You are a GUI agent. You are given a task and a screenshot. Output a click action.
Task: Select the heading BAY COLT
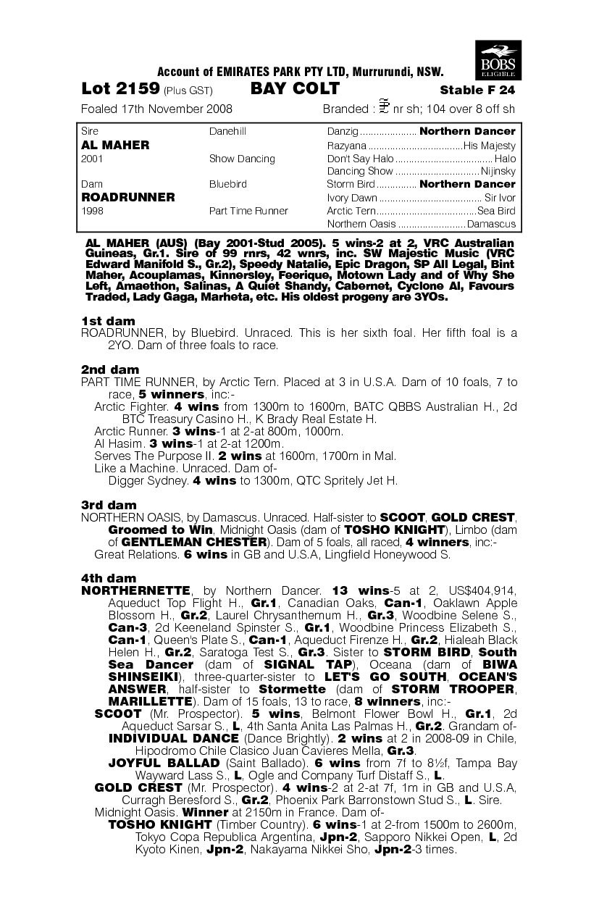pyautogui.click(x=295, y=89)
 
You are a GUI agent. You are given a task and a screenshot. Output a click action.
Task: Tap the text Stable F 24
pyautogui.click(x=477, y=91)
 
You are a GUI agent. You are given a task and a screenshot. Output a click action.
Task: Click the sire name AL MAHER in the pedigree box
pyautogui.click(x=116, y=145)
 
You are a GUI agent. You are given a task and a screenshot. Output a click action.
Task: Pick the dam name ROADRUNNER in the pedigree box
pyautogui.click(x=128, y=197)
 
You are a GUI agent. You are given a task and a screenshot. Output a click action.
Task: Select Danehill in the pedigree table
pyautogui.click(x=227, y=132)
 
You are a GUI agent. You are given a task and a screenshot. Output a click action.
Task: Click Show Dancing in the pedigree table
pyautogui.click(x=242, y=159)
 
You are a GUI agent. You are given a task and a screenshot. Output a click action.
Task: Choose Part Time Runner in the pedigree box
pyautogui.click(x=248, y=211)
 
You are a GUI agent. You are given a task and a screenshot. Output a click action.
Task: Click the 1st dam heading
pyautogui.click(x=108, y=321)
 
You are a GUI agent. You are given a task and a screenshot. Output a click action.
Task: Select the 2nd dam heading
pyautogui.click(x=109, y=369)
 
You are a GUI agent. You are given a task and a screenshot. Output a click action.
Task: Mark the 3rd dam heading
pyautogui.click(x=109, y=505)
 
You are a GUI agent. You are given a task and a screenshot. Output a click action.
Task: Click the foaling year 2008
pyautogui.click(x=218, y=109)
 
